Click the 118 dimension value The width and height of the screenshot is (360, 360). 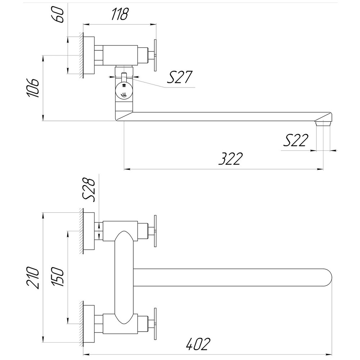click(119, 14)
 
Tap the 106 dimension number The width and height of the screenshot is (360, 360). click(33, 87)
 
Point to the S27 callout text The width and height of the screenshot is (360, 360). click(180, 77)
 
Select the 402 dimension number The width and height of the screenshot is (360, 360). click(198, 345)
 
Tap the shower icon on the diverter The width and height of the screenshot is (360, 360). click(124, 86)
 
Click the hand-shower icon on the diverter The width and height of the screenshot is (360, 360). click(124, 95)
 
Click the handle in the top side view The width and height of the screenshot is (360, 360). click(155, 55)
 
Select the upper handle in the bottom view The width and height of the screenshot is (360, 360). click(155, 231)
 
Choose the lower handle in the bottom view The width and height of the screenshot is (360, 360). click(155, 323)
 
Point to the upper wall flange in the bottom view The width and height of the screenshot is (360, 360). click(89, 231)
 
